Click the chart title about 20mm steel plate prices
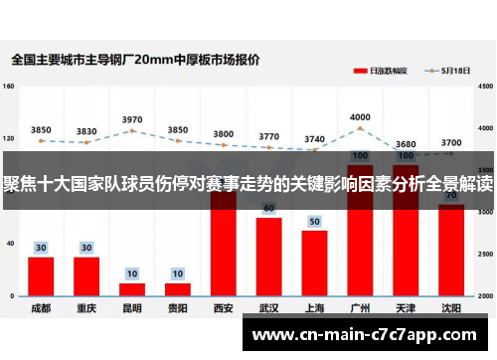coord(135,60)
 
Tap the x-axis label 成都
coord(41,308)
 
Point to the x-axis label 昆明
coord(132,308)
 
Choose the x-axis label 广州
coord(360,308)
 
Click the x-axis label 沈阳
coord(451,308)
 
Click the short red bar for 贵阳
coord(178,289)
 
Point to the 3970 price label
coord(132,119)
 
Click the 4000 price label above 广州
coord(360,117)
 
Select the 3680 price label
coord(406,144)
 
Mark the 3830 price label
coord(86,131)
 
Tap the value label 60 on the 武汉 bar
coord(268,209)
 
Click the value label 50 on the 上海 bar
coord(314,222)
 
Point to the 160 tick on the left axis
coord(9,88)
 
